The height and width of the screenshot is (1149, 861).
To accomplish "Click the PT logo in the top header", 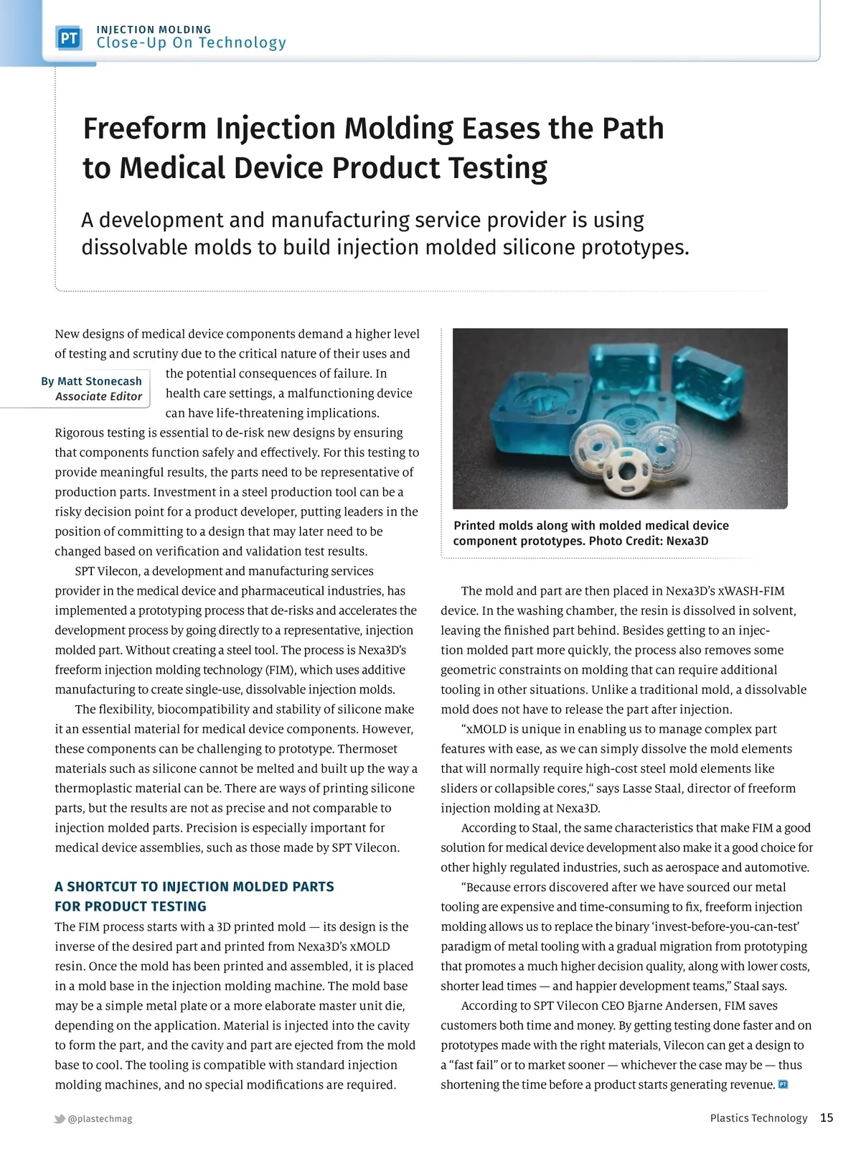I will point(69,38).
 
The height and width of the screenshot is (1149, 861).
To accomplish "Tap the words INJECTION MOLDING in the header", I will point(154,29).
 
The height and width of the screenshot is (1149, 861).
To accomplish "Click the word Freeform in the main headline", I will point(145,129).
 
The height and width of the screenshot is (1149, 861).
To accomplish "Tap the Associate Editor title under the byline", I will point(99,396).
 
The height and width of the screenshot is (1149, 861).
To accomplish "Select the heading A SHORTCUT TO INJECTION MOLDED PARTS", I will point(194,887).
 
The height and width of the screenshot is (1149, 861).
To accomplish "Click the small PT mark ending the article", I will point(783,1084).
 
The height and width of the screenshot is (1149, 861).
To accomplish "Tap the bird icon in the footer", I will point(60,1119).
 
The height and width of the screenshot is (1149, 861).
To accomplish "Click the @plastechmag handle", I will point(100,1119).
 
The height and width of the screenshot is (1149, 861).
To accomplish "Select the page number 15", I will point(827,1118).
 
